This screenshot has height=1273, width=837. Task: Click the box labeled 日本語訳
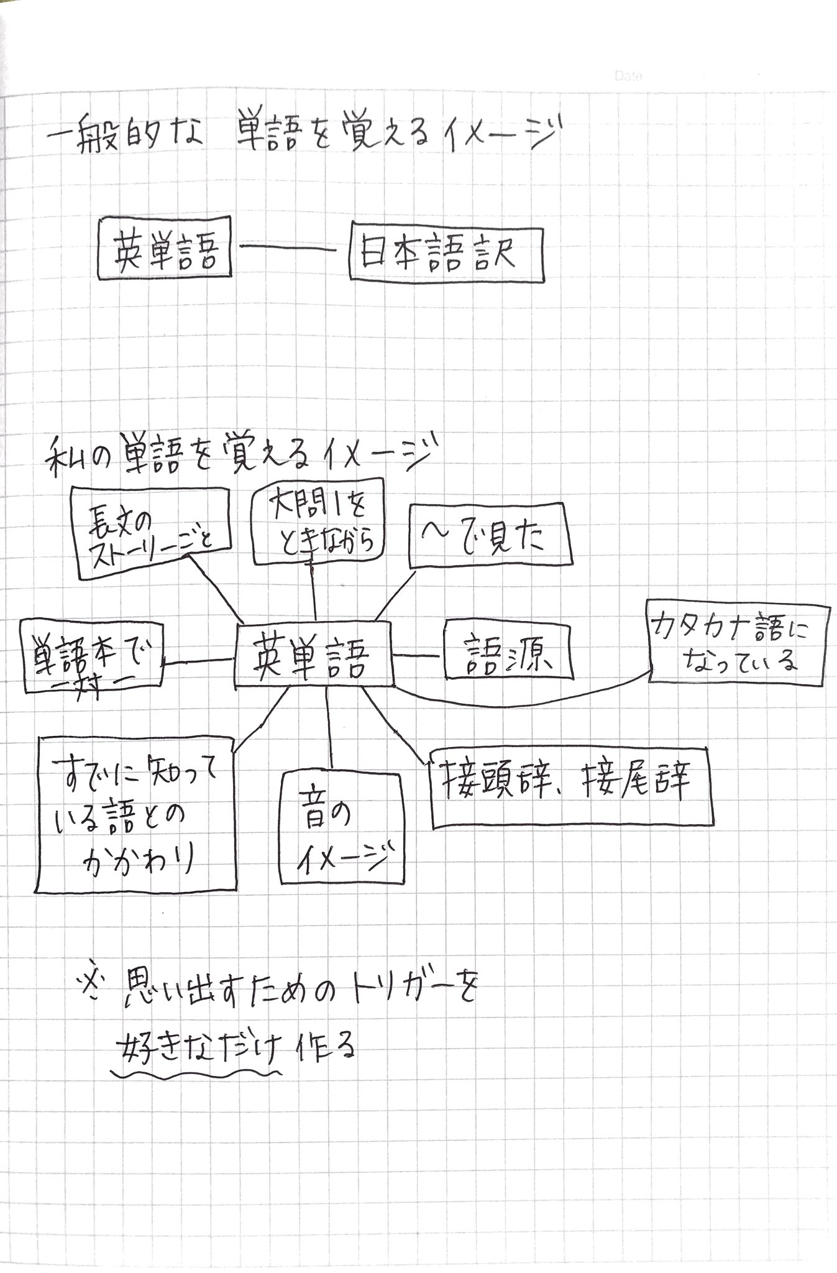pos(446,255)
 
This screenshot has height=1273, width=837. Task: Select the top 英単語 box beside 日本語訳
pos(165,247)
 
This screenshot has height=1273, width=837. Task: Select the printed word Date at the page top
pos(629,76)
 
